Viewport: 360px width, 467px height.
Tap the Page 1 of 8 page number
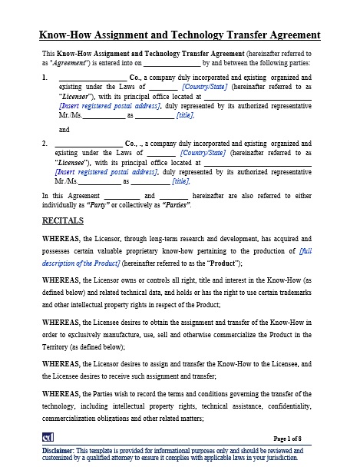293,438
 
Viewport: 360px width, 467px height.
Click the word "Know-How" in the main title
61,35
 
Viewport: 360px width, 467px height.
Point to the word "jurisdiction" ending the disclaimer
279,457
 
